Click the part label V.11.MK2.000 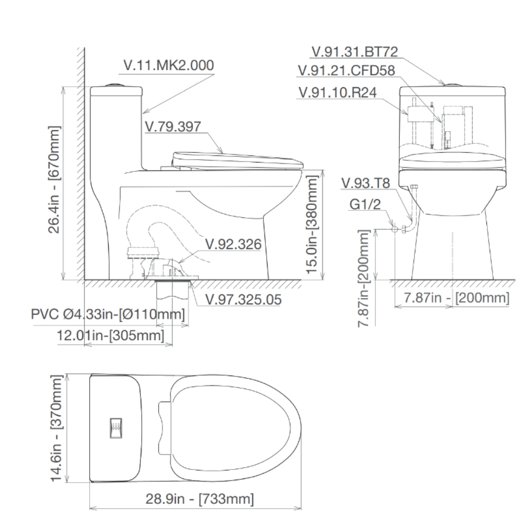(168, 65)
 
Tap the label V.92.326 (233, 244)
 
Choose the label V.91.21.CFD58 (346, 71)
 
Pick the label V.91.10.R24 (338, 92)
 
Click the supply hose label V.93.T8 (366, 184)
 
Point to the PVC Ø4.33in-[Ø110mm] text (108, 315)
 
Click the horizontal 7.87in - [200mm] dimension (456, 298)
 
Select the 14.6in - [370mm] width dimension (57, 429)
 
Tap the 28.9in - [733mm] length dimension (199, 499)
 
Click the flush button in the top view (115, 428)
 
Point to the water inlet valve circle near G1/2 (395, 229)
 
